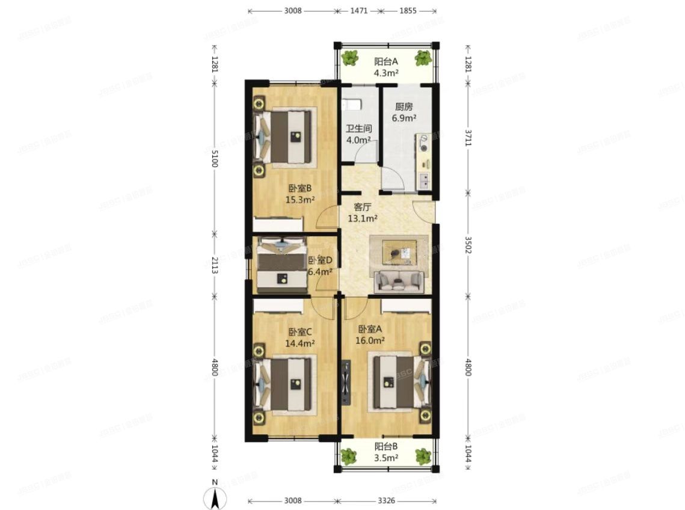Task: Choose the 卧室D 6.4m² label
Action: [321, 265]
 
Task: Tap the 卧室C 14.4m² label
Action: [300, 337]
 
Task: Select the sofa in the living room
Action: [399, 280]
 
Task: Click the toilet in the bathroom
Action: [352, 105]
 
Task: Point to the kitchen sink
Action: [425, 179]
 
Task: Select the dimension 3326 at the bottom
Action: [387, 500]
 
